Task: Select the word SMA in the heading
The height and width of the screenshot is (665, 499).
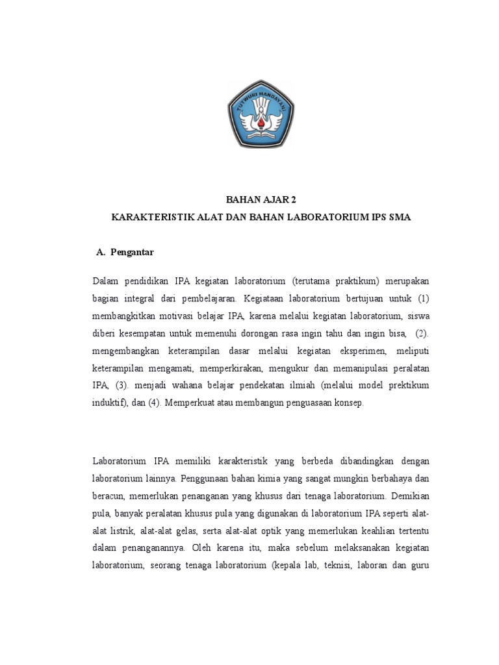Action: [398, 218]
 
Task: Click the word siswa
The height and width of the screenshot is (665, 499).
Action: [417, 316]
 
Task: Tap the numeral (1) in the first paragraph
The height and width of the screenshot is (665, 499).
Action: [424, 299]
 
